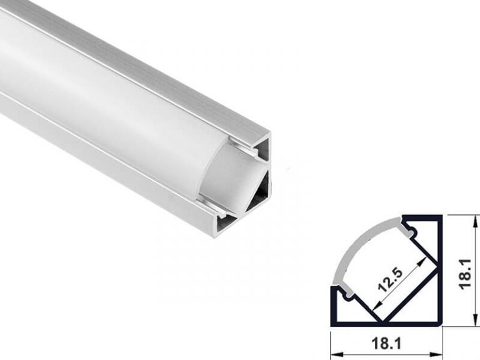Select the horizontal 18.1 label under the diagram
tap(386, 342)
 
